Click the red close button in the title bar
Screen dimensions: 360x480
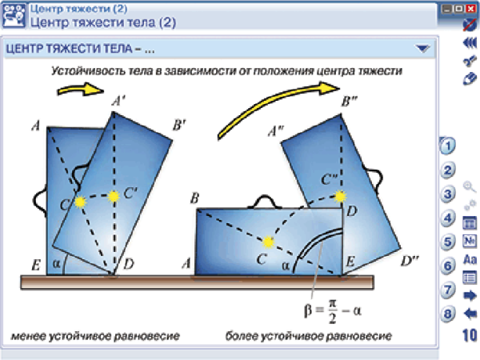click(471, 8)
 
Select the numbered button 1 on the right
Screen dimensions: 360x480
click(449, 146)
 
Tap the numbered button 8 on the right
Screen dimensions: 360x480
click(449, 314)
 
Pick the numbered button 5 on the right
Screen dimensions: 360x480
click(449, 242)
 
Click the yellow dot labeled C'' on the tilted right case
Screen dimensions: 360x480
click(341, 196)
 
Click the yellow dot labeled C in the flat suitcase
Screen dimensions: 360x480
click(269, 240)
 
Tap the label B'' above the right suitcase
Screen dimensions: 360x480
click(350, 102)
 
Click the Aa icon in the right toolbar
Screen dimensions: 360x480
click(470, 259)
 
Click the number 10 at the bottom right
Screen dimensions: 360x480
click(470, 334)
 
